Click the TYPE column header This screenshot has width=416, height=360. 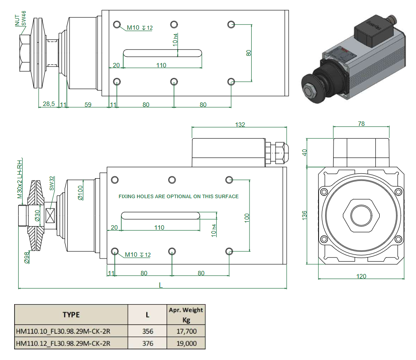(71, 315)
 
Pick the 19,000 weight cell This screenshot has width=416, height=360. (186, 343)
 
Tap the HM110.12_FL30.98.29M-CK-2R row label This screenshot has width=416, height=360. (63, 343)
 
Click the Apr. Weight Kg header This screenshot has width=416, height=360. (186, 315)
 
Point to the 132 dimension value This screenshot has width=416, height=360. (239, 125)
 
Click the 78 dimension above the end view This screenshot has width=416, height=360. (361, 124)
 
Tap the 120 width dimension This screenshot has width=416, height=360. (361, 276)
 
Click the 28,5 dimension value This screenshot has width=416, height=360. (48, 104)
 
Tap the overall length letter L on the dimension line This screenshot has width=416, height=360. (161, 286)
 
